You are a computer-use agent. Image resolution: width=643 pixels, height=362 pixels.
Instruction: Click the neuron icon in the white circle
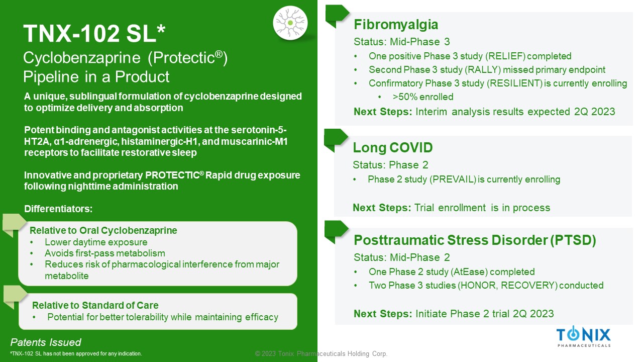290,23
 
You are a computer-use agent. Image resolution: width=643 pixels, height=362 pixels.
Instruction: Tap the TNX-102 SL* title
94,34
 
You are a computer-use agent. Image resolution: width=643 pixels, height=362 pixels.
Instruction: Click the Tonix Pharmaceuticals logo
583,336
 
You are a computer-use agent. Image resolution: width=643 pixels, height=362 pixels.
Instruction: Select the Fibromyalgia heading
396,25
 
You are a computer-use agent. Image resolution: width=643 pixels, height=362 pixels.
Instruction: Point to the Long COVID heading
392,148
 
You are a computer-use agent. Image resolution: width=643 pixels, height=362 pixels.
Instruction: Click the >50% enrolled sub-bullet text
423,97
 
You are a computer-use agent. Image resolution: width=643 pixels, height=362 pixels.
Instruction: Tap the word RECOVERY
528,285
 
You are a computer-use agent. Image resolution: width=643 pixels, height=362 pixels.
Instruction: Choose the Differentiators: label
58,209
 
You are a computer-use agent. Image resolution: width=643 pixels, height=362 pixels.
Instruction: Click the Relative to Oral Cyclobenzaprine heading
103,230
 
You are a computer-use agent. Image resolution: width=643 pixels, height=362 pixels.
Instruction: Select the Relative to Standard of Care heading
95,305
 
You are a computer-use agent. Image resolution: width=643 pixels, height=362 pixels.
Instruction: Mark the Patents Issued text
46,342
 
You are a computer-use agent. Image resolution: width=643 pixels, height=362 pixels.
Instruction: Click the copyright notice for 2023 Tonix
321,353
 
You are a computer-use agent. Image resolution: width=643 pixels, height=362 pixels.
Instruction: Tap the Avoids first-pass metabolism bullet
105,253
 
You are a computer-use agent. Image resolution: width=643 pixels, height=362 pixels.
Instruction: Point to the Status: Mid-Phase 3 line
401,42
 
